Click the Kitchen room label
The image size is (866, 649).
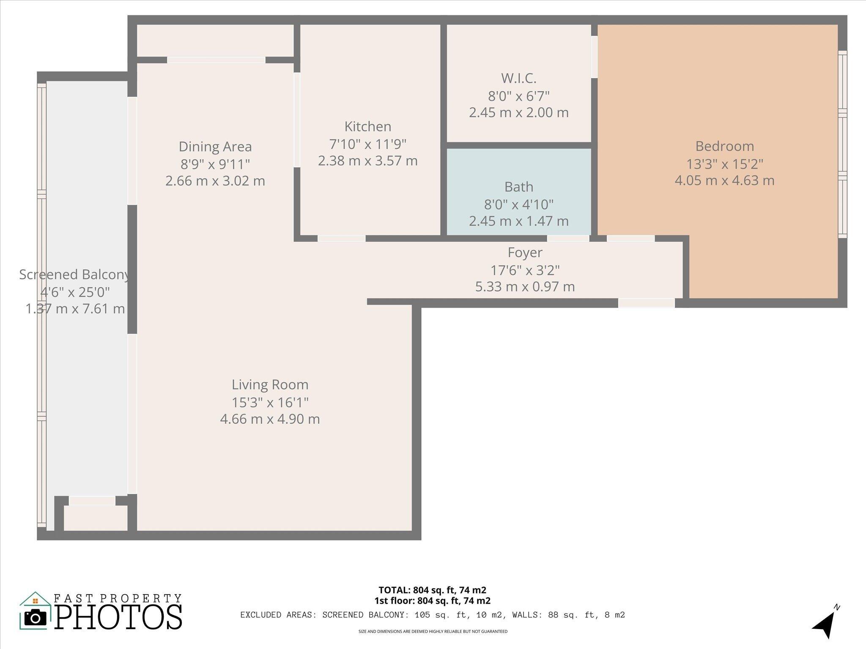coord(367,126)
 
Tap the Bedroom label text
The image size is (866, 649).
coord(724,146)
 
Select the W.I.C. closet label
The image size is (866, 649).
coord(518,78)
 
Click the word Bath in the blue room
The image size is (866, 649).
coord(518,187)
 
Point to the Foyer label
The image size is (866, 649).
coord(525,253)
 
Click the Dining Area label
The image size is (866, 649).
coord(215,147)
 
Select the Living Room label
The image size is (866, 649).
coord(270,384)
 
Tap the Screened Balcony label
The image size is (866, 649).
coord(74,275)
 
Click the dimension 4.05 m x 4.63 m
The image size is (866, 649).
coord(724,181)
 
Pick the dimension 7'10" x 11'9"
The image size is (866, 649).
coord(367,144)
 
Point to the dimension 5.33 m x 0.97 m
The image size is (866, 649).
coord(525,287)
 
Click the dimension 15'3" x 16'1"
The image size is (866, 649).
coord(270,402)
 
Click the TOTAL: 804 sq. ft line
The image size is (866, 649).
coord(432,590)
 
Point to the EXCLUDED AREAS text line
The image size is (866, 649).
coord(432,615)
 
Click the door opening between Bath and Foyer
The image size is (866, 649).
coord(568,239)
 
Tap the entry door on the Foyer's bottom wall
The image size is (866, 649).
coord(646,303)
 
